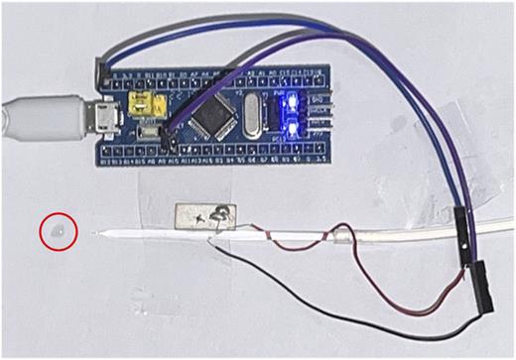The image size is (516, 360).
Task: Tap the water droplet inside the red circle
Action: (59, 231)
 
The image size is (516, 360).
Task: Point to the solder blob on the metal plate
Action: (224, 210)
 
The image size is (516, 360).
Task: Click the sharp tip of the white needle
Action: (93, 234)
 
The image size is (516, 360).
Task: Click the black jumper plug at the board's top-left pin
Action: (100, 69)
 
